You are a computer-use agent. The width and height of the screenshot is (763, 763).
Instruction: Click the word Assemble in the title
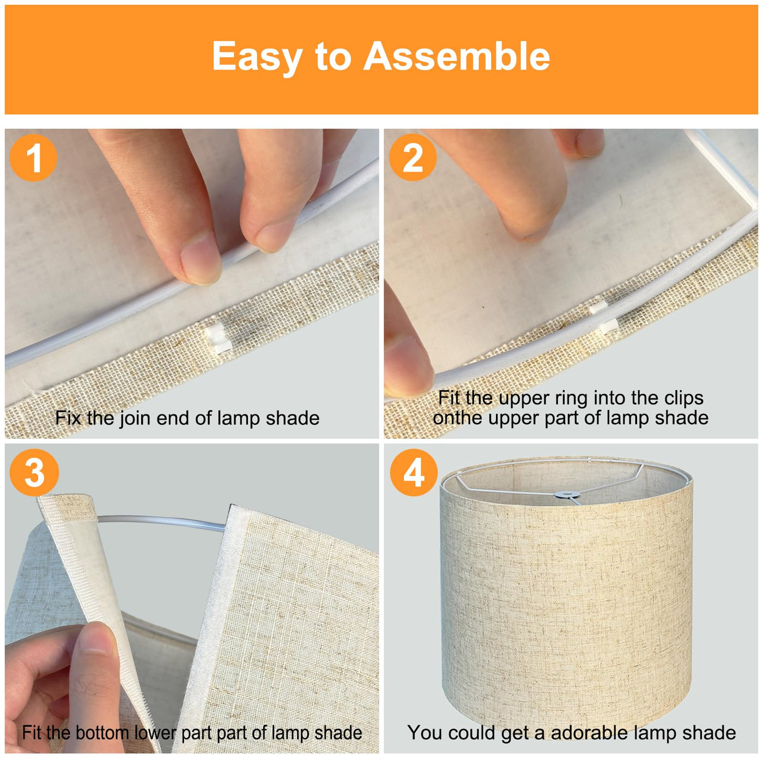pyautogui.click(x=456, y=56)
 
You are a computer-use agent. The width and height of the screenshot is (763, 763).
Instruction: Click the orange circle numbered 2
pyautogui.click(x=413, y=158)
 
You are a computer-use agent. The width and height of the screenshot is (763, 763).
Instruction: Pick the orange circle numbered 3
pyautogui.click(x=34, y=473)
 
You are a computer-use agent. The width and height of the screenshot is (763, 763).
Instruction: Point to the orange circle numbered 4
pyautogui.click(x=414, y=473)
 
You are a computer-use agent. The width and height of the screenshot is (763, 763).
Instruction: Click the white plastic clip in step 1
pyautogui.click(x=218, y=338)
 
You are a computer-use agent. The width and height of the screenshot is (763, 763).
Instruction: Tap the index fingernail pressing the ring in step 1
pyautogui.click(x=201, y=263)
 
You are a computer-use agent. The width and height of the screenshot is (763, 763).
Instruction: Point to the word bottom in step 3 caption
pyautogui.click(x=102, y=732)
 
